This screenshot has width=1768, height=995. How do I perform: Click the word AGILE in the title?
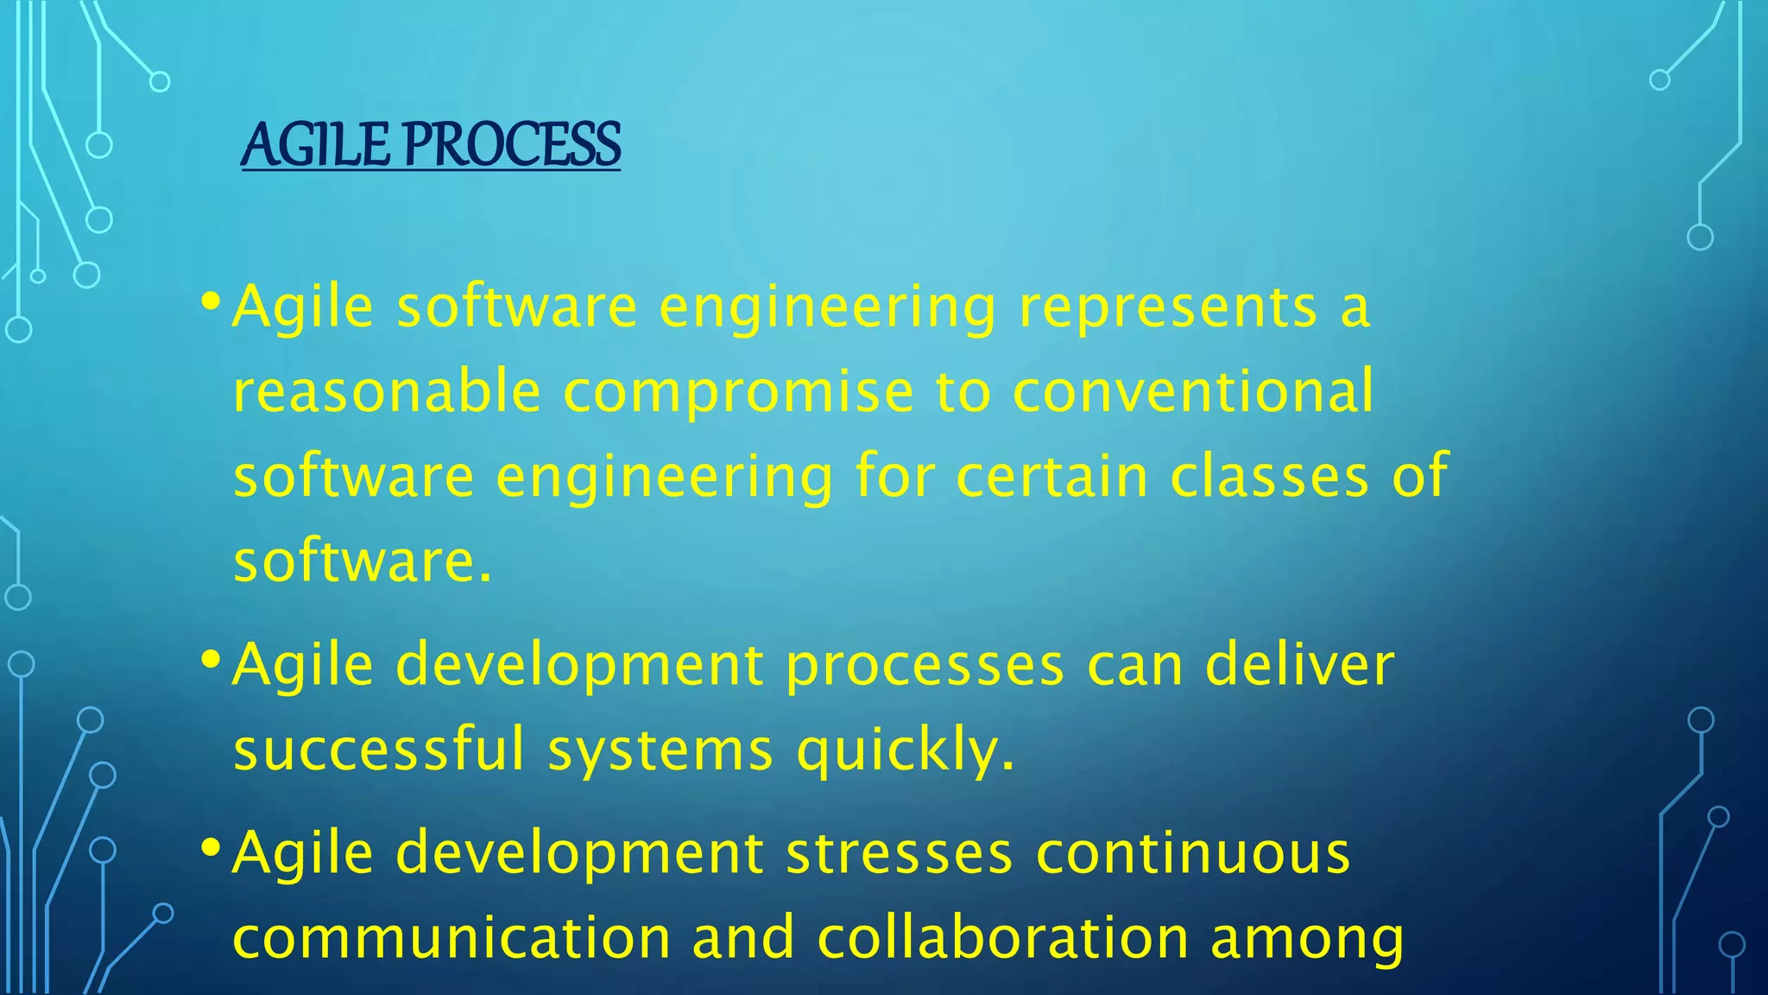[315, 144]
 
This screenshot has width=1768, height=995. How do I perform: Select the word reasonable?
[387, 391]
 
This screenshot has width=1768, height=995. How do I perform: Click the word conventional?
[1192, 391]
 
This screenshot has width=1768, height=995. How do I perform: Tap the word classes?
[1269, 476]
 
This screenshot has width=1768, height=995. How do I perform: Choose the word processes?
[925, 667]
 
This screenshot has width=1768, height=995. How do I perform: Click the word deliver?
[1299, 665]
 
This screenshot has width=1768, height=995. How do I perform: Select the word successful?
[379, 749]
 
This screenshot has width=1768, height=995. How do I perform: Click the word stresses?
[899, 853]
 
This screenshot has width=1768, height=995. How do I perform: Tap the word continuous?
[1192, 853]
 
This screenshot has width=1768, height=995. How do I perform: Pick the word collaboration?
[1002, 938]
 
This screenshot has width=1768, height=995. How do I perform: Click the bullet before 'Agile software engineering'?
[210, 301]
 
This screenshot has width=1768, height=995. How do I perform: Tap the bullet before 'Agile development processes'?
[210, 661]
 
